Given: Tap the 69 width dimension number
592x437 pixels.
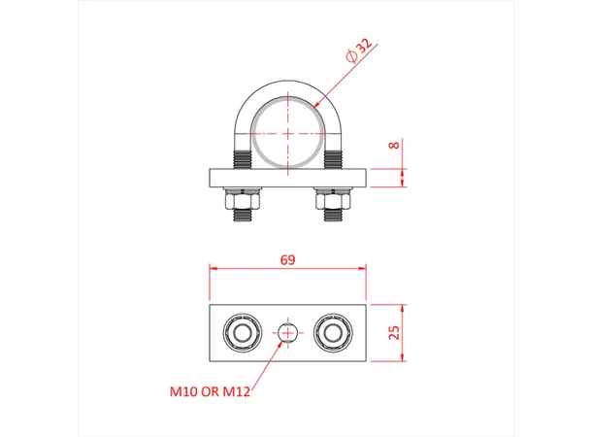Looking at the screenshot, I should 287,260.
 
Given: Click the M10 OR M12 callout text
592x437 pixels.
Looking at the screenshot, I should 211,393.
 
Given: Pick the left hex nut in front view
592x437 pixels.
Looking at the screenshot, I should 242,201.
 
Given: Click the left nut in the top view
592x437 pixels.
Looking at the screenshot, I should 242,333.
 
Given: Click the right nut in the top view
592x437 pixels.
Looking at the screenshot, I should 333,333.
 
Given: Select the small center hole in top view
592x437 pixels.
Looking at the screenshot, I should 287,333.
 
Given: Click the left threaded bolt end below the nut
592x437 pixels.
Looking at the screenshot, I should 242,216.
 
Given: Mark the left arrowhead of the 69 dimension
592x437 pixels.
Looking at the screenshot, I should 214,271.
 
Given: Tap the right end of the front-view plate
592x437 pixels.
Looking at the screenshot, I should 363,178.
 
